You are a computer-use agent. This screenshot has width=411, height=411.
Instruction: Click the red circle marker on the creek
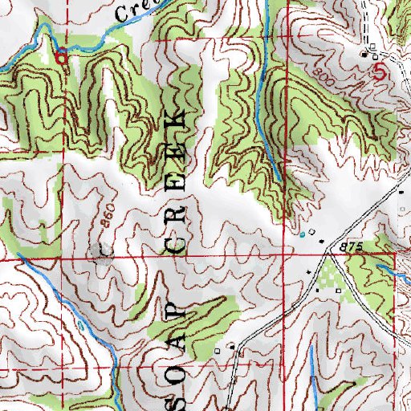click(x=62, y=55)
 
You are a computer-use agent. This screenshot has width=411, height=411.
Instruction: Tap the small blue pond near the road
click(x=302, y=235)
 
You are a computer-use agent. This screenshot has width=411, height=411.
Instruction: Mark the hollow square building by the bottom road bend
click(x=232, y=347)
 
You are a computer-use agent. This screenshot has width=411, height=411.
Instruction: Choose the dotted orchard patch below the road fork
click(x=328, y=280)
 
